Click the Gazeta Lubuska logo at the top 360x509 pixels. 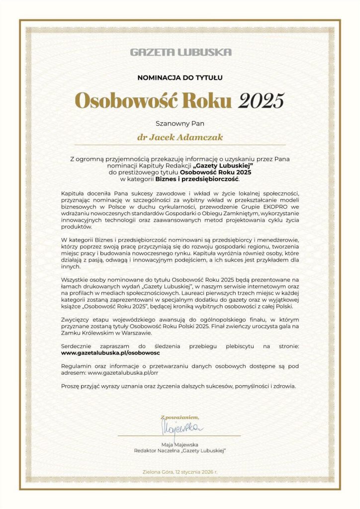click(180, 52)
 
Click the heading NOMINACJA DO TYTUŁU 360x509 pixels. click(180, 78)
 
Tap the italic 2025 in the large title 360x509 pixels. click(261, 100)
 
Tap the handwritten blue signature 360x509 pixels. click(180, 427)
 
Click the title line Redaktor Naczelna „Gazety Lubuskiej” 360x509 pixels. click(180, 450)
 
